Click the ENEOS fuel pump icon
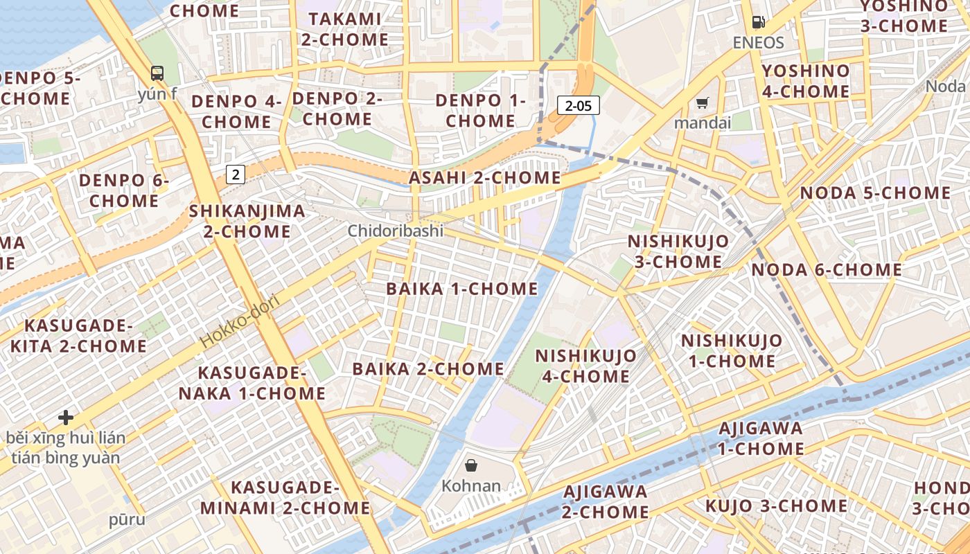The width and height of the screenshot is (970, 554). point(759,23)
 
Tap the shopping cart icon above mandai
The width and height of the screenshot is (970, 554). point(703,104)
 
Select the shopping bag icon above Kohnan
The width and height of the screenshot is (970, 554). point(471,465)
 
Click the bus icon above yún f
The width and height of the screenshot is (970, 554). point(157,73)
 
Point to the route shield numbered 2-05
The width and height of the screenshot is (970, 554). point(578,105)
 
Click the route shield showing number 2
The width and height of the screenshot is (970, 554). point(236,174)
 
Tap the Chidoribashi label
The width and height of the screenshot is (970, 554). point(395,231)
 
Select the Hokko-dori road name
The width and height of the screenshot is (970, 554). point(240,321)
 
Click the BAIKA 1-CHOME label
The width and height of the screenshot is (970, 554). point(462,289)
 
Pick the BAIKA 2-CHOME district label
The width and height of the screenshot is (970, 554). point(428,368)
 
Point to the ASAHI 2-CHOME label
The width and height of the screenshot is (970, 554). point(484,177)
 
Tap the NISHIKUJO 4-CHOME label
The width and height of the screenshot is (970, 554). point(586,366)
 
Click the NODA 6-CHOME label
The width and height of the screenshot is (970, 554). point(827,269)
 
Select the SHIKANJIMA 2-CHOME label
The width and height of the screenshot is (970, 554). point(247,220)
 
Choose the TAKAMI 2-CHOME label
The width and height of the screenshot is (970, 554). point(344,29)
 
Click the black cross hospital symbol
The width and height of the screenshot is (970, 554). point(66,418)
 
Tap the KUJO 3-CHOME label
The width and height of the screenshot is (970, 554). point(776,506)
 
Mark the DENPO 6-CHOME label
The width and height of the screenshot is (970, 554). point(124,190)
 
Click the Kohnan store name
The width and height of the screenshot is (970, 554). point(471,485)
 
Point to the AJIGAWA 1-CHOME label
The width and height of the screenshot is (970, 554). point(760,438)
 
